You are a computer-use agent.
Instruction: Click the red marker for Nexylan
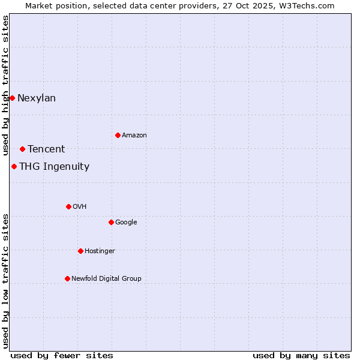(x=12, y=98)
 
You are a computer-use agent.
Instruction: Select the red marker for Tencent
(x=22, y=149)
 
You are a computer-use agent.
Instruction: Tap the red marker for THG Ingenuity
(x=14, y=166)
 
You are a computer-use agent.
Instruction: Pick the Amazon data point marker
(x=118, y=135)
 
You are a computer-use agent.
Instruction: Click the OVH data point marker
(x=68, y=206)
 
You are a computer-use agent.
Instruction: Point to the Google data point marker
(x=111, y=222)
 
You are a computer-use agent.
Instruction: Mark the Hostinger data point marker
(x=80, y=251)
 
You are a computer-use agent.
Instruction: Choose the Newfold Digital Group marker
(x=67, y=278)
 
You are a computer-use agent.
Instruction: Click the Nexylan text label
(x=37, y=98)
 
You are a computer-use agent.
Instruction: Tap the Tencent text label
(x=46, y=149)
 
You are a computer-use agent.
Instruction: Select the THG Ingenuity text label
(x=54, y=167)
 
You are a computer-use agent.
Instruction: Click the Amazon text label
(x=134, y=136)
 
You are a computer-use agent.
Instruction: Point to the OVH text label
(x=80, y=207)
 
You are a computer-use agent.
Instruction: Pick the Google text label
(x=126, y=223)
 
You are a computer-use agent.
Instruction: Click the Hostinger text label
(x=100, y=251)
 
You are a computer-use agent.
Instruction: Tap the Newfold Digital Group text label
(x=106, y=279)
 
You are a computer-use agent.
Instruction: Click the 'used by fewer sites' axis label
(x=62, y=355)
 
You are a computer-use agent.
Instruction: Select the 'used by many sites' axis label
(x=301, y=355)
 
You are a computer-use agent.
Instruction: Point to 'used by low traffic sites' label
(x=6, y=281)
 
